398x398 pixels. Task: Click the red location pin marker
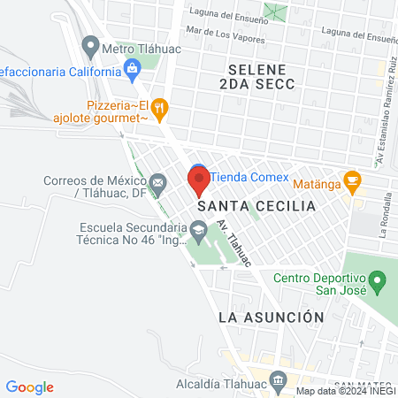click(x=198, y=181)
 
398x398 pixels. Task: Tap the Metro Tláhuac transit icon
click(x=90, y=43)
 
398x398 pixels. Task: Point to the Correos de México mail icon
click(x=158, y=185)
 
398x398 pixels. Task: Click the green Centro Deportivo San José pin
click(x=377, y=284)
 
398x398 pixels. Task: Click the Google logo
click(x=29, y=387)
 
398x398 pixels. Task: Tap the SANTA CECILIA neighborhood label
click(x=256, y=206)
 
